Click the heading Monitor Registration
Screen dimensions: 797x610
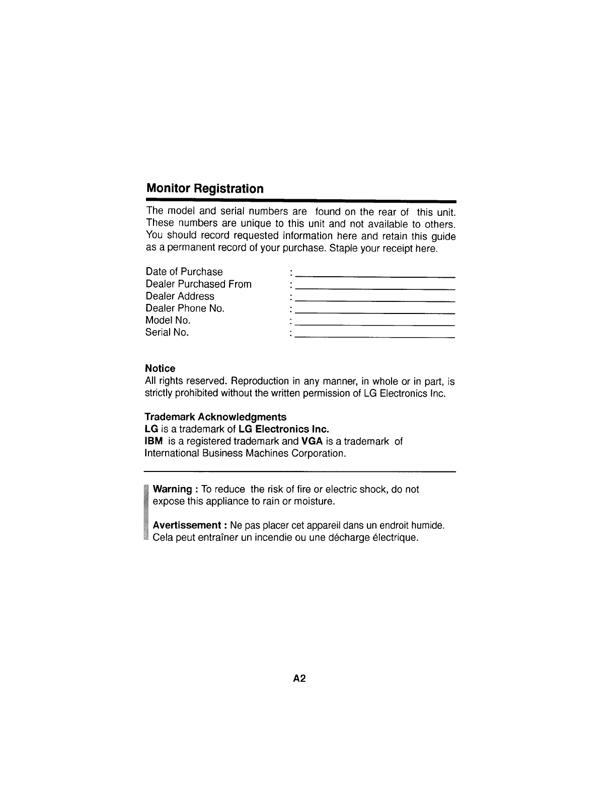(204, 189)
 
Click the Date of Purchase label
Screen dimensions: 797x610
(184, 272)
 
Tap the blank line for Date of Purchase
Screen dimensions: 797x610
(375, 276)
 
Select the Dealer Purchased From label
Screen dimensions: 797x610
(198, 284)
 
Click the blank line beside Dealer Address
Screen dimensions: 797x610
(375, 300)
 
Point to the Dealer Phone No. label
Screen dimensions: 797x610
(185, 308)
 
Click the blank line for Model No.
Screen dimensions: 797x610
(375, 325)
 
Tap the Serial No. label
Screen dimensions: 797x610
(167, 332)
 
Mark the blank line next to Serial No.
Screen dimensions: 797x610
(375, 336)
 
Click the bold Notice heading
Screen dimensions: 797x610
(160, 368)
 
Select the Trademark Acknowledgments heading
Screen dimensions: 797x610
(215, 417)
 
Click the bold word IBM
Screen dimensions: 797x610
(154, 441)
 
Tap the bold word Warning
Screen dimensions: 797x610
(172, 490)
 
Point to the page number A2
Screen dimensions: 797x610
(299, 679)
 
